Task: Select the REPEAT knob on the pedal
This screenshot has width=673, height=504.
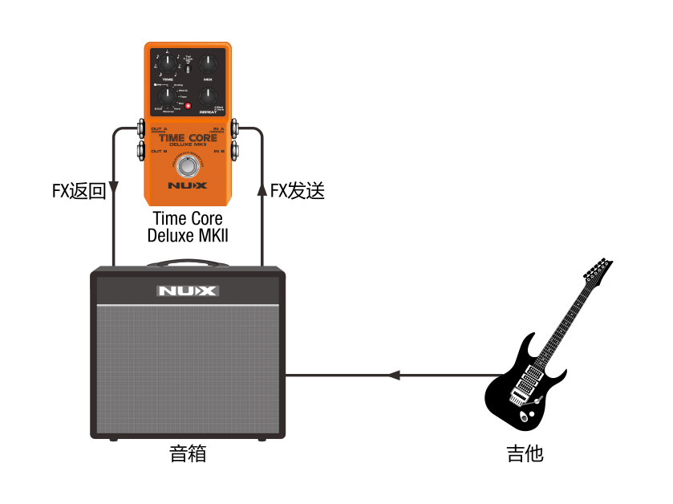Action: tap(209, 98)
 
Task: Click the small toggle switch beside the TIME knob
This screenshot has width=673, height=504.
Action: tap(186, 69)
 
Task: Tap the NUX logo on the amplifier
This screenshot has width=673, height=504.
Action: tap(186, 291)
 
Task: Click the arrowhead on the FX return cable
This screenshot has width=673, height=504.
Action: tap(113, 190)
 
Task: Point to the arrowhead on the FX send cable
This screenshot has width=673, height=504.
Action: tap(261, 189)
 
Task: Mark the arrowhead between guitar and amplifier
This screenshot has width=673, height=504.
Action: tap(393, 375)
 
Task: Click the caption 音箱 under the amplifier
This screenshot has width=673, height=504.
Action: tap(188, 453)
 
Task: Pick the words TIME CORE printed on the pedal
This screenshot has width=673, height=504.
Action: tap(188, 137)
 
